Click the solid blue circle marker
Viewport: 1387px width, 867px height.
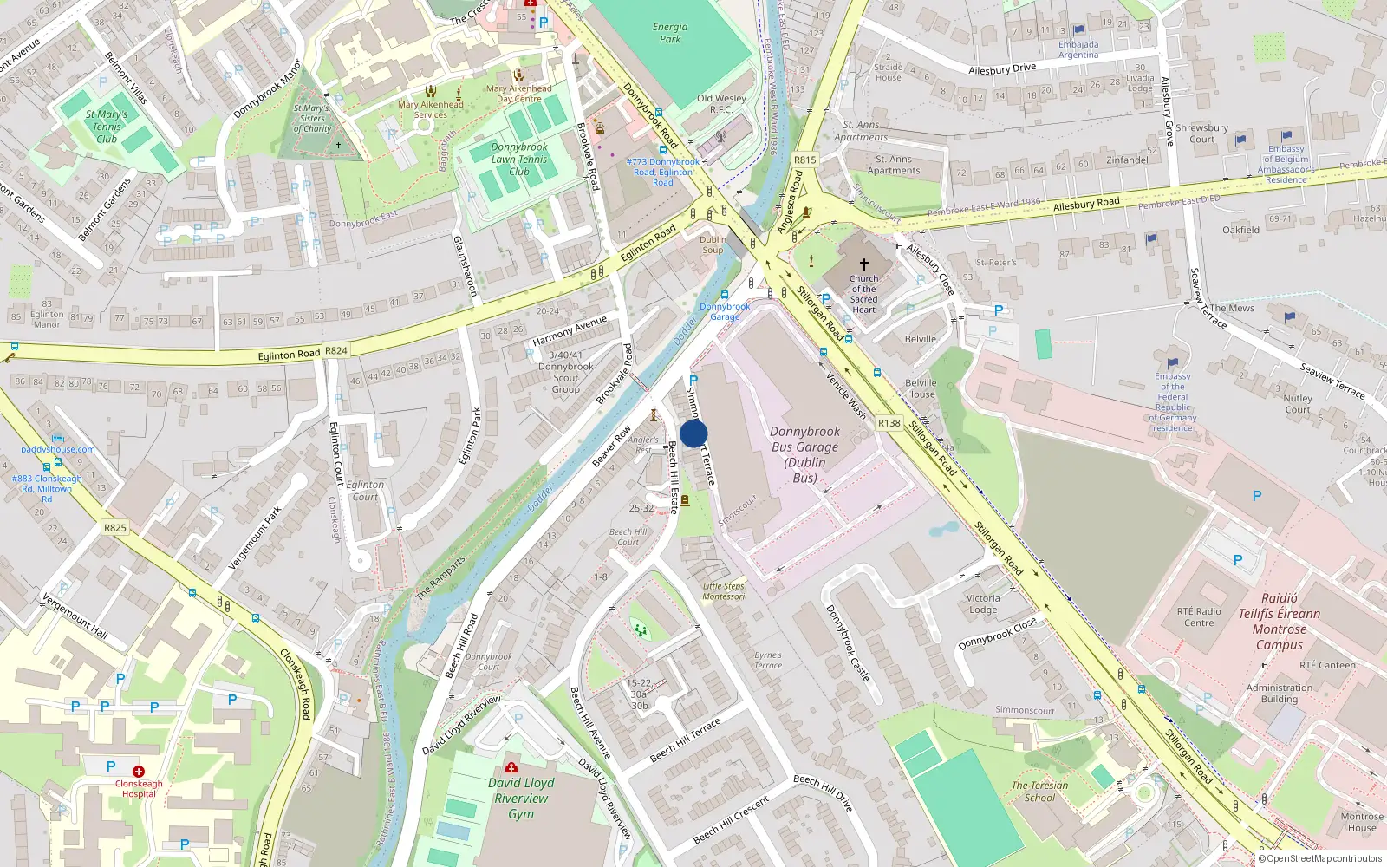pos(693,433)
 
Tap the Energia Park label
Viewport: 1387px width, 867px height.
pos(670,33)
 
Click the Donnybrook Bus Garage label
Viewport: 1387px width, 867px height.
pos(804,454)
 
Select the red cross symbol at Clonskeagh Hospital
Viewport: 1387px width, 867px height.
pos(139,771)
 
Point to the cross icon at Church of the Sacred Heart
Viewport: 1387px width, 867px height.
pos(863,264)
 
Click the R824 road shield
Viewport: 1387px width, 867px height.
pos(336,351)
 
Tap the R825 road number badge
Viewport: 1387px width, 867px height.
pos(115,527)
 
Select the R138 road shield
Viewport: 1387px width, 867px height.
pos(889,423)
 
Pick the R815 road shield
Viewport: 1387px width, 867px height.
pos(805,160)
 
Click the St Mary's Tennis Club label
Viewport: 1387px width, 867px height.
pos(107,127)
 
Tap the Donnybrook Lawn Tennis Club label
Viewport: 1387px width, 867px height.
pos(519,160)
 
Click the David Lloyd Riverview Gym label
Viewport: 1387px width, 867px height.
pos(521,798)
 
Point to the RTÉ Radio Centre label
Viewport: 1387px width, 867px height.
pos(1199,616)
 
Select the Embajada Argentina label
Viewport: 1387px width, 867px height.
pos(1078,49)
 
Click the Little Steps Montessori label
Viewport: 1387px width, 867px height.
pos(724,591)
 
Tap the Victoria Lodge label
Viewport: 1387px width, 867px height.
pos(983,603)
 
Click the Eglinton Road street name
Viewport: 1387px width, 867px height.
pos(289,355)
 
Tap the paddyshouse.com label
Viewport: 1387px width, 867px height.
pos(58,449)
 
